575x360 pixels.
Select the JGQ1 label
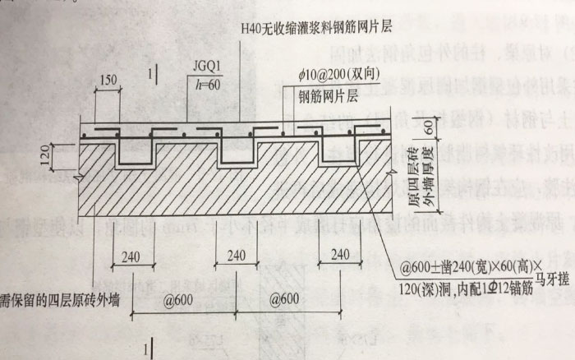[205, 70]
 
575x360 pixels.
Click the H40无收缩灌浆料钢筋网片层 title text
[317, 27]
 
